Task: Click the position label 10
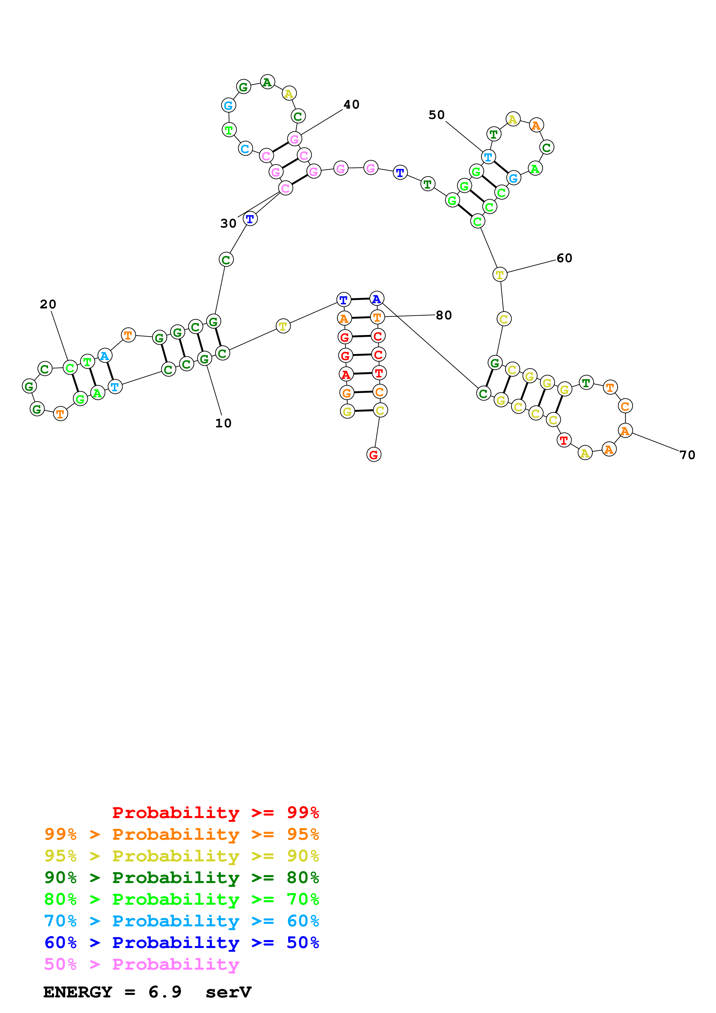tap(223, 423)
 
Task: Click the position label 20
tap(48, 304)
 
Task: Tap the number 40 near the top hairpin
tap(351, 105)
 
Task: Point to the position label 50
tap(436, 115)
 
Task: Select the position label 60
tap(564, 258)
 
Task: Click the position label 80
tap(444, 315)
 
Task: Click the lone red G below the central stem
tap(374, 455)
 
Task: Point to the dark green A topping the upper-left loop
tap(267, 82)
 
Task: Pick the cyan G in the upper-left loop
tap(228, 105)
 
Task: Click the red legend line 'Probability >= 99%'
tap(215, 812)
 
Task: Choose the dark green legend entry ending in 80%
tap(181, 878)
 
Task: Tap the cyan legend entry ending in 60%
tap(181, 921)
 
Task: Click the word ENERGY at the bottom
tap(78, 992)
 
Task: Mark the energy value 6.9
tap(165, 992)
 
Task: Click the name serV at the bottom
tap(228, 992)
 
